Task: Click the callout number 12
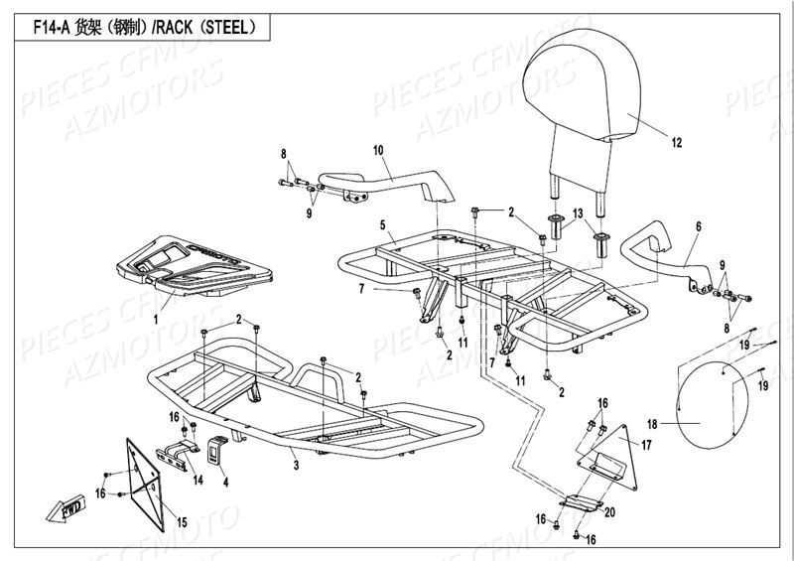[676, 143]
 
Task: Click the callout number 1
[155, 319]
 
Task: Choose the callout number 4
[225, 483]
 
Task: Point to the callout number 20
[608, 512]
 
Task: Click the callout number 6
[698, 227]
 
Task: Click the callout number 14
[198, 480]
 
